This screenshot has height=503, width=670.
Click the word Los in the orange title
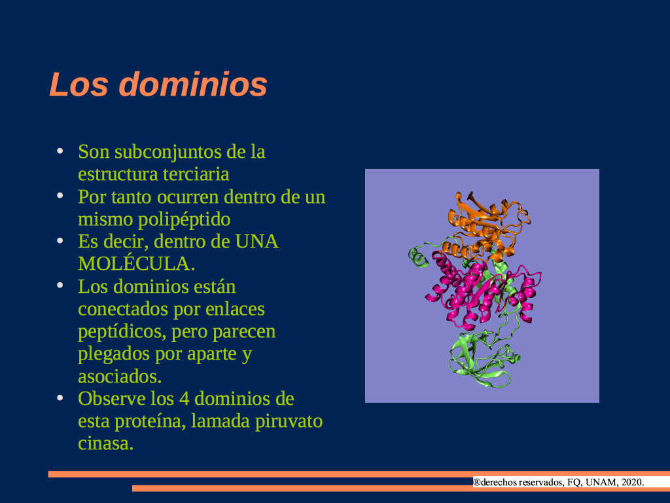coord(79,84)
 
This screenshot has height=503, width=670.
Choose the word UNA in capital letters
coord(256,242)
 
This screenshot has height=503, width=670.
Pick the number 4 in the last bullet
coord(184,399)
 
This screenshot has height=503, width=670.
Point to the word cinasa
coord(105,443)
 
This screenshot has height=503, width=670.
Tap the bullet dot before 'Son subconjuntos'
coord(60,151)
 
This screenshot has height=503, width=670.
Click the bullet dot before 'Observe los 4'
coord(60,398)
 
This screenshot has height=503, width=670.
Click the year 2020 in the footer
coord(633,483)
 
